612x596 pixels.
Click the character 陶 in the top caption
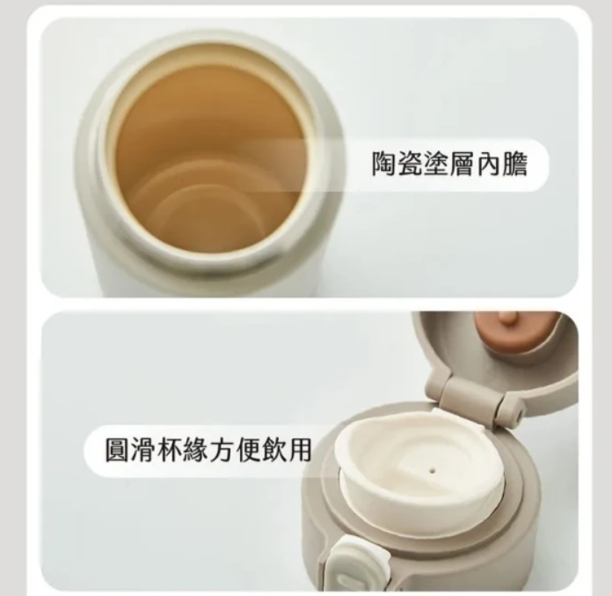(x=383, y=164)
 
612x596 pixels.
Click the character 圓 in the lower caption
(x=118, y=450)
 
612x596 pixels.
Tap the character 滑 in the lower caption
(x=143, y=450)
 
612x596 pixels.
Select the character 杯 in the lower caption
(x=170, y=450)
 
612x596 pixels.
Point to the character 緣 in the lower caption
(x=195, y=450)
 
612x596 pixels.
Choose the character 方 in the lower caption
(x=221, y=450)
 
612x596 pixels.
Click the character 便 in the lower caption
(x=247, y=450)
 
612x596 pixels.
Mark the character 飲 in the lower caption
(x=273, y=450)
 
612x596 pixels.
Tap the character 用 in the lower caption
(x=298, y=450)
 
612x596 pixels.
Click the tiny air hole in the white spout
(x=432, y=470)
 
